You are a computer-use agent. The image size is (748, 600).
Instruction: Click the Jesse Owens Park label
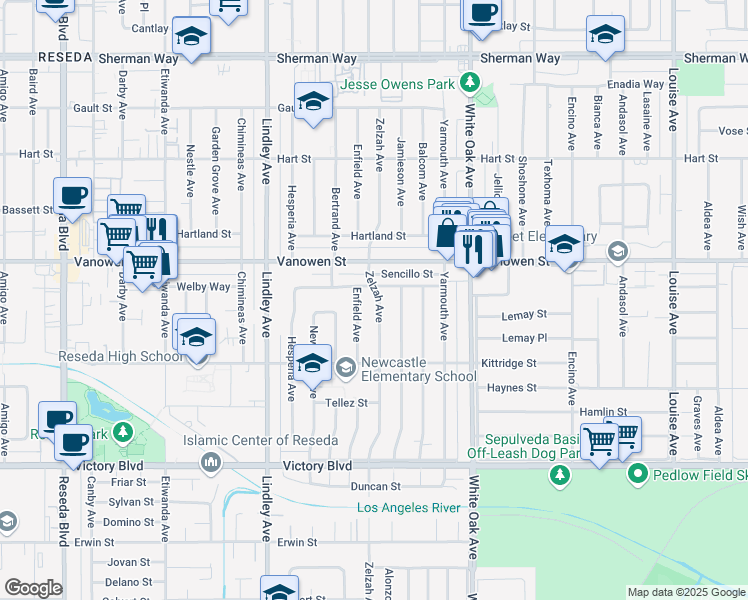(404, 84)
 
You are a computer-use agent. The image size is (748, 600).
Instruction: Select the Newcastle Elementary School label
(418, 369)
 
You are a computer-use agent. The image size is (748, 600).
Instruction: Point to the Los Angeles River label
(410, 508)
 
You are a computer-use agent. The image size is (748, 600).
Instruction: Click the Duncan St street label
(375, 487)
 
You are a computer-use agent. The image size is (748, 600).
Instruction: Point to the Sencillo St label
(406, 274)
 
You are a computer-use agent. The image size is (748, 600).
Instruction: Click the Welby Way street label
(204, 287)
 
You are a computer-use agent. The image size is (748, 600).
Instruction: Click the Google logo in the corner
(33, 588)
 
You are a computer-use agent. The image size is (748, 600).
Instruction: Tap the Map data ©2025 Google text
(685, 592)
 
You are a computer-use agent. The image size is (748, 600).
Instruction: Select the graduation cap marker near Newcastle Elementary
(313, 363)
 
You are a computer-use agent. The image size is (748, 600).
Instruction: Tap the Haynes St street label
(512, 388)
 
